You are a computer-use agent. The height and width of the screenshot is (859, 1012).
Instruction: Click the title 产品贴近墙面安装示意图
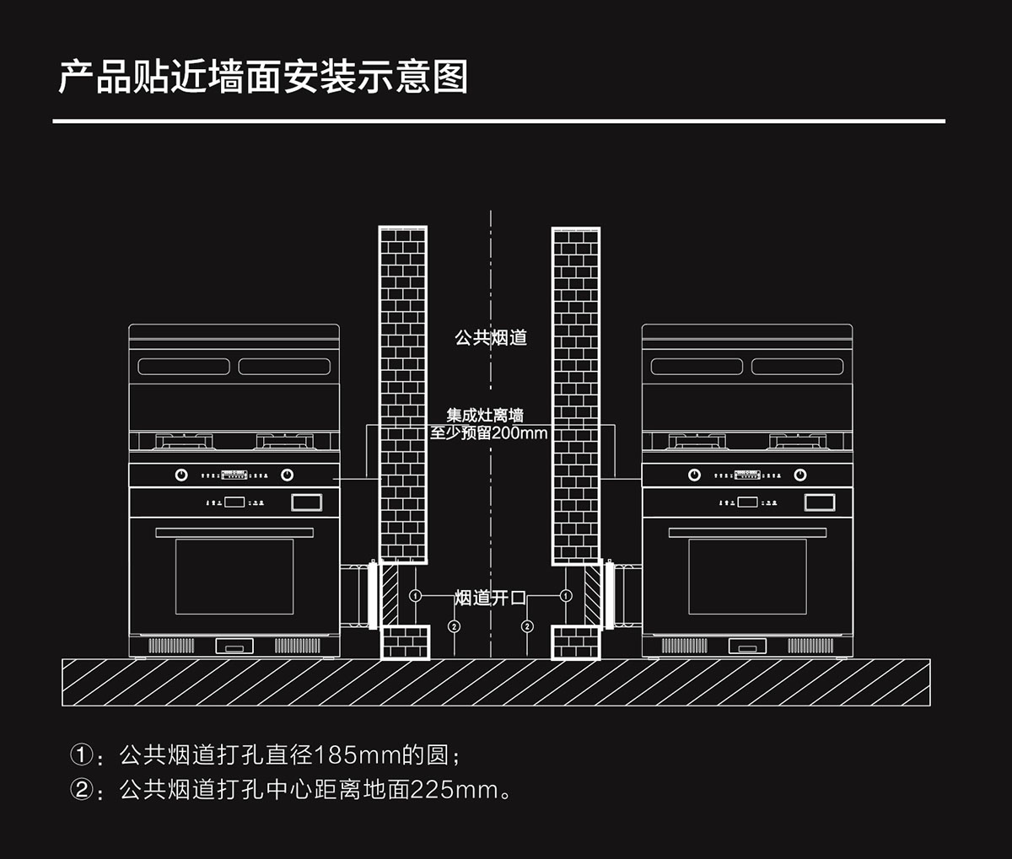[x=262, y=77]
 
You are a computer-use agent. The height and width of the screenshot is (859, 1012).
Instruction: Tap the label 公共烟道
[x=491, y=338]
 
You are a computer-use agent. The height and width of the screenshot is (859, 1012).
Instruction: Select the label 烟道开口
[x=490, y=598]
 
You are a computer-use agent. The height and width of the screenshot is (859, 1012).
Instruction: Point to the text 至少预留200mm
[x=489, y=433]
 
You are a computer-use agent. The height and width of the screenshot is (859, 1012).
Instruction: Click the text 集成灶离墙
[x=485, y=416]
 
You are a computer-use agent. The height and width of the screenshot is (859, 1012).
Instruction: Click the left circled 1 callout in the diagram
[x=415, y=596]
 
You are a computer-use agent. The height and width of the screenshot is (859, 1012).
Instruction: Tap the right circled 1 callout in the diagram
[x=566, y=596]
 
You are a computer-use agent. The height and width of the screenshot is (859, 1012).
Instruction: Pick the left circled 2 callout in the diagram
[x=454, y=626]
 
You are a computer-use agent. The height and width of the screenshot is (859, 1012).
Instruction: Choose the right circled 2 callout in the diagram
[x=527, y=626]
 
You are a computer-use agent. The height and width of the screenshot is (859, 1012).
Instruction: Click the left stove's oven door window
[x=234, y=577]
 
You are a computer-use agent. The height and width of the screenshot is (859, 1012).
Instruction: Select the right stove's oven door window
[x=747, y=577]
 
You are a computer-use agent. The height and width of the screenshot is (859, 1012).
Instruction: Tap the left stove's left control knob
[x=181, y=475]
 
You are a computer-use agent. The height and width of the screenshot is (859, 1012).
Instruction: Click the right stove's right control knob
[x=800, y=475]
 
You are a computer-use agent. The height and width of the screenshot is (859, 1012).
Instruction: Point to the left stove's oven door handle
[x=234, y=533]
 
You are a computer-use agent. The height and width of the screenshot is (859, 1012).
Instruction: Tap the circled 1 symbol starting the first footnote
[x=80, y=754]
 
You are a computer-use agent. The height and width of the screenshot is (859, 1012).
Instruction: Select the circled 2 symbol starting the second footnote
[x=80, y=790]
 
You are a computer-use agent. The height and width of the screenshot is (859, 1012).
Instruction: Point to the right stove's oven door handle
[x=747, y=533]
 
